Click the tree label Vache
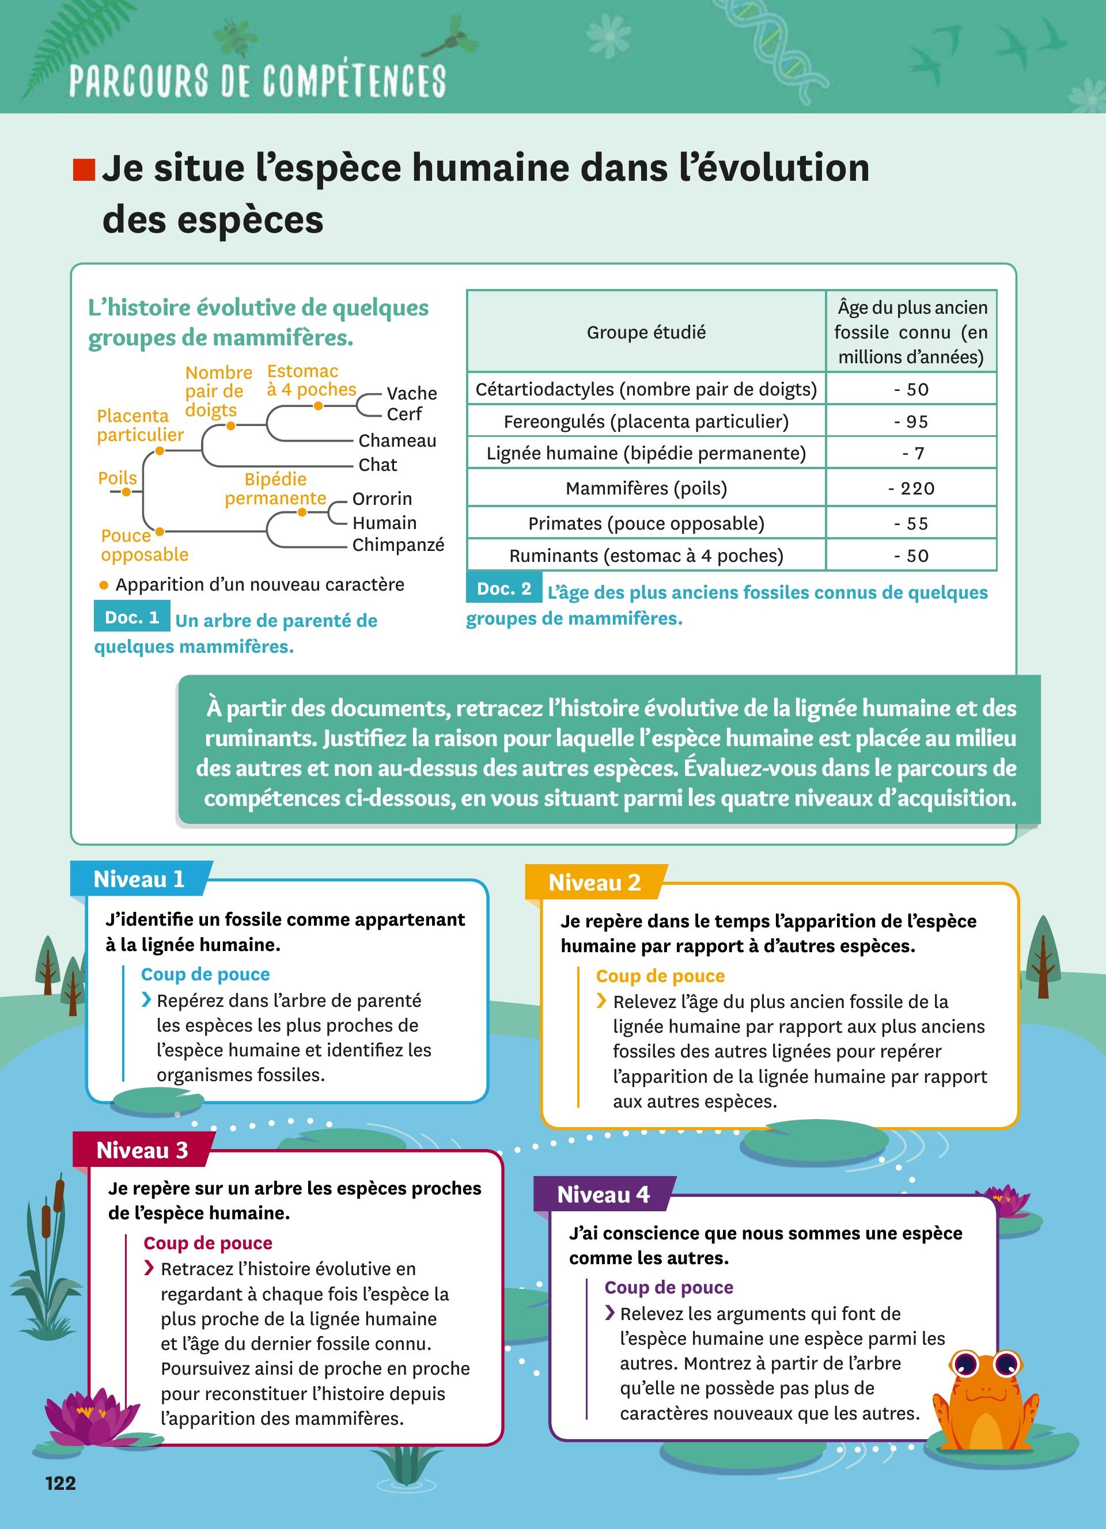(x=411, y=393)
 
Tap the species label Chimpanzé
(x=398, y=545)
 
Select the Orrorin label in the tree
(x=382, y=499)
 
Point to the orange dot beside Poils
(x=126, y=492)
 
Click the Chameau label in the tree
(x=397, y=441)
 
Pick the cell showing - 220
(x=911, y=488)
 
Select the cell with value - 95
(x=911, y=421)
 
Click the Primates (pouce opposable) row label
(x=646, y=523)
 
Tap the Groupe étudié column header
(x=646, y=332)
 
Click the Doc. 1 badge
(x=131, y=618)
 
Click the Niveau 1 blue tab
(x=139, y=879)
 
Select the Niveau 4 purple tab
(x=603, y=1195)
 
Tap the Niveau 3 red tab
(x=142, y=1150)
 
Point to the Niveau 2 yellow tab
(x=594, y=883)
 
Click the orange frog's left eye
(x=965, y=1364)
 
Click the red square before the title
(x=84, y=170)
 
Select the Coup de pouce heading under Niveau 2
(x=660, y=976)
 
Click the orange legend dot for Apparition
(x=103, y=585)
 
